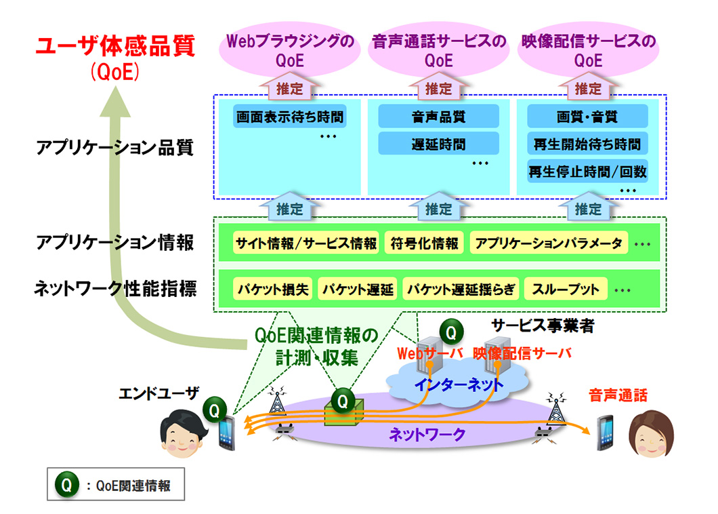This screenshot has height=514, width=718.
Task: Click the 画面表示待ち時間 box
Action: click(289, 117)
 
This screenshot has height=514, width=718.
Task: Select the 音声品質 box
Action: click(438, 117)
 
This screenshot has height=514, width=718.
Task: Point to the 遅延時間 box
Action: click(438, 144)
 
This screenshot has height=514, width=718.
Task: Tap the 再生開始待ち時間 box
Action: click(587, 144)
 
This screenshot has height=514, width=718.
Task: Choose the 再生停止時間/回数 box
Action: click(587, 172)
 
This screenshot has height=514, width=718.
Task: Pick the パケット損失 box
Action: click(273, 290)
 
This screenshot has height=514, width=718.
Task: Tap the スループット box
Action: click(566, 290)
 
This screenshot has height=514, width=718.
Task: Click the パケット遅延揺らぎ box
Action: click(461, 290)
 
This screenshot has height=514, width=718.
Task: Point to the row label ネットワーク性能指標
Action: click(116, 290)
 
